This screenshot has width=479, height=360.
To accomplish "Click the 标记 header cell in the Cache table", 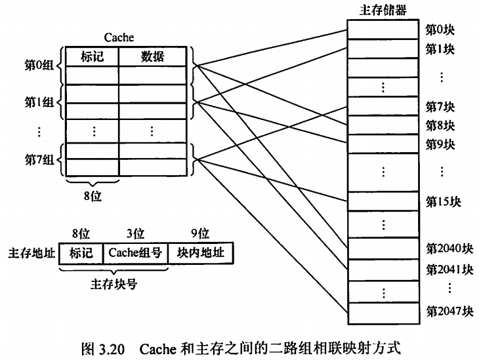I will tap(92, 57).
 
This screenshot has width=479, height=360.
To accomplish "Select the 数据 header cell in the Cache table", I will tap(153, 57).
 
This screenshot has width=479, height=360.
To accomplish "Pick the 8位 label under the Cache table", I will tap(92, 195).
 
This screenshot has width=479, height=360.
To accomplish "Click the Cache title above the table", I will tap(119, 39).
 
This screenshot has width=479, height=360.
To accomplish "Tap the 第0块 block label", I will tap(440, 29).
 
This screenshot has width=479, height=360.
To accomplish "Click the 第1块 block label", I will tap(440, 49).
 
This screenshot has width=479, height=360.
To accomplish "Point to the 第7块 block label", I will tap(440, 106).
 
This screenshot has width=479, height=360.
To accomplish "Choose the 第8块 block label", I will tap(440, 125).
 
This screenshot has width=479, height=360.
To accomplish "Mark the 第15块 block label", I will tap(443, 201).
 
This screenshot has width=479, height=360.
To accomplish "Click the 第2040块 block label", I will tap(449, 249).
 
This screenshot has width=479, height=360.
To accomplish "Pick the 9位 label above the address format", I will tap(199, 233).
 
